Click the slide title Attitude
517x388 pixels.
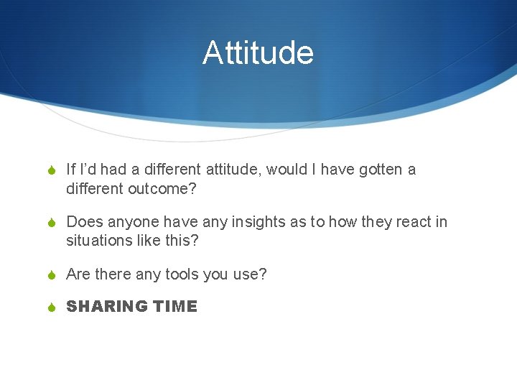pyautogui.click(x=258, y=53)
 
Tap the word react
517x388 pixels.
pyautogui.click(x=414, y=222)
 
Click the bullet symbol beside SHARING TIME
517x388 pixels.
pyautogui.click(x=52, y=308)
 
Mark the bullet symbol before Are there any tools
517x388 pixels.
pyautogui.click(x=52, y=274)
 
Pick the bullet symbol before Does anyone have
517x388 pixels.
pyautogui.click(x=52, y=223)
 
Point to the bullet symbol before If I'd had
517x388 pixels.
pyautogui.click(x=52, y=171)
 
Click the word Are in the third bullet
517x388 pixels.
pyautogui.click(x=78, y=274)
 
